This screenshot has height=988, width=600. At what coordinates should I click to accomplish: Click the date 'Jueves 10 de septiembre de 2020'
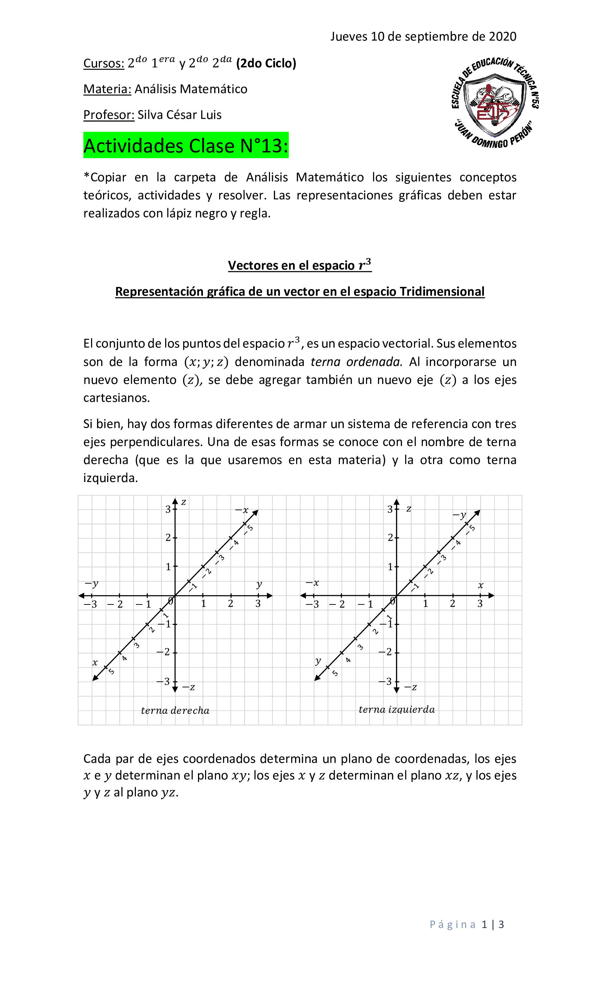coord(423,36)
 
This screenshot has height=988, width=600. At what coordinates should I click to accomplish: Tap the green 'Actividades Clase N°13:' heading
coord(186,145)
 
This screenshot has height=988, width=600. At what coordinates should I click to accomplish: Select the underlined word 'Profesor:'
coord(108,115)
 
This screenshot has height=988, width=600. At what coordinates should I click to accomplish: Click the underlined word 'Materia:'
coord(107,89)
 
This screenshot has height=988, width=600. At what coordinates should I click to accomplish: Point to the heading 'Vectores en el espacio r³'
coord(299,265)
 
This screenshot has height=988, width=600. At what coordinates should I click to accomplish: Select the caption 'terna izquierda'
coord(396,709)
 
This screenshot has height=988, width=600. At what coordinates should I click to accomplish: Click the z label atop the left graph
coord(183,502)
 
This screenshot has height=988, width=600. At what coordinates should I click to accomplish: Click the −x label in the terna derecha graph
coord(242,510)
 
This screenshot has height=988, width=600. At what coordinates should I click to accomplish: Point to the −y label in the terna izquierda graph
coord(460,514)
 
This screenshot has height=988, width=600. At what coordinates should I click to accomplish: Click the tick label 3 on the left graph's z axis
coord(168,509)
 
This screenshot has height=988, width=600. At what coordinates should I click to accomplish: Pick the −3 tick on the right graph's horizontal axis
coord(312,604)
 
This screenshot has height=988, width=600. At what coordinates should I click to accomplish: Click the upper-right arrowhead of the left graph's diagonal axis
coord(256,512)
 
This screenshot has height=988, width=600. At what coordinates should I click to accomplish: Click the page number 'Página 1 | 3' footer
coord(467,924)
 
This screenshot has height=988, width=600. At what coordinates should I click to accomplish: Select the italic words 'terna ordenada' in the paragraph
coord(356,362)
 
